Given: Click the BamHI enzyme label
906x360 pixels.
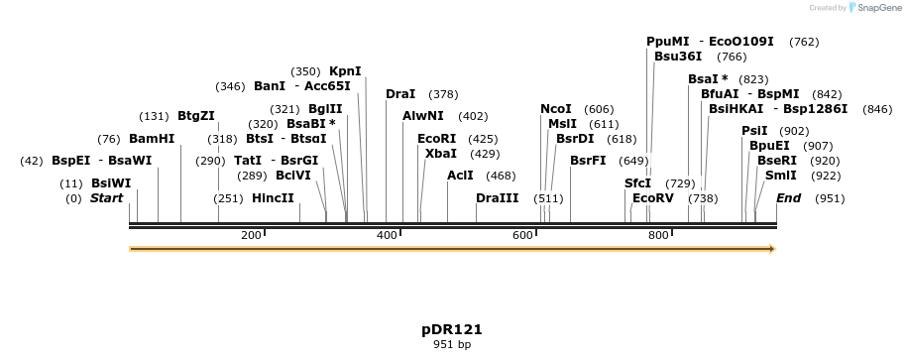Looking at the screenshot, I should pyautogui.click(x=152, y=139).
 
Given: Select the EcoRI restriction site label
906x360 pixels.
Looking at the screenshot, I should pyautogui.click(x=436, y=139).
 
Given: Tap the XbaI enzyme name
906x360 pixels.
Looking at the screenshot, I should pyautogui.click(x=441, y=154).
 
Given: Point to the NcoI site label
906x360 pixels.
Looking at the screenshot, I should pyautogui.click(x=556, y=109).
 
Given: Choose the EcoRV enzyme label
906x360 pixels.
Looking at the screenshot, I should pyautogui.click(x=653, y=198).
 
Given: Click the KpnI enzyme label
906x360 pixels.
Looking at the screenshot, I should pyautogui.click(x=345, y=71).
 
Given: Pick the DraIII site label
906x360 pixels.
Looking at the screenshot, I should pyautogui.click(x=497, y=198).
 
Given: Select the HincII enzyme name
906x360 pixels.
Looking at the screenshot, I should pyautogui.click(x=273, y=198).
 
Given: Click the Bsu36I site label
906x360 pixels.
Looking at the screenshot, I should pyautogui.click(x=678, y=57).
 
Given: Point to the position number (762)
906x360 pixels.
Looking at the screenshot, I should pyautogui.click(x=804, y=42).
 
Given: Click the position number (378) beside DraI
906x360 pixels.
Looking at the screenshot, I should pyautogui.click(x=443, y=94).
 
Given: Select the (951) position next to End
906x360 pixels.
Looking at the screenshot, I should pyautogui.click(x=830, y=198).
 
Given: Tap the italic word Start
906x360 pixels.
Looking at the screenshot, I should pyautogui.click(x=107, y=198).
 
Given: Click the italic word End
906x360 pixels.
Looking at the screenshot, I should pyautogui.click(x=788, y=198).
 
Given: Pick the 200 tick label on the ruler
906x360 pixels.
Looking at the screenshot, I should pyautogui.click(x=250, y=235).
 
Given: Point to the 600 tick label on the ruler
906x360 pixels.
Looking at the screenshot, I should pyautogui.click(x=522, y=235).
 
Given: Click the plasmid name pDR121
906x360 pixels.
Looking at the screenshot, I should pyautogui.click(x=452, y=329).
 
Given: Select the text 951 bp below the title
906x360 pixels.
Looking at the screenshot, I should pyautogui.click(x=452, y=344).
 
